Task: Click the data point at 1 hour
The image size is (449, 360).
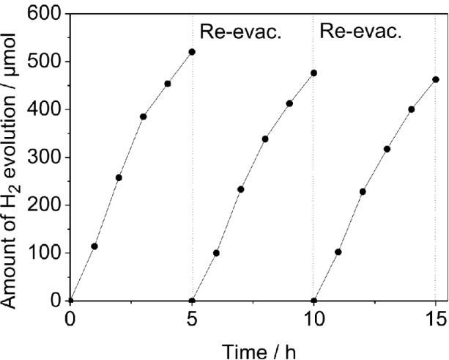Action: tap(94, 246)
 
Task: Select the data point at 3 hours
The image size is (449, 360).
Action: tap(144, 117)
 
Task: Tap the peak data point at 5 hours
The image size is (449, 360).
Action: tap(192, 52)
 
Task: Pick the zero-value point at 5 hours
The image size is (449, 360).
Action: tap(192, 301)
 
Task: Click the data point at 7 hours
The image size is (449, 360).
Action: tap(241, 189)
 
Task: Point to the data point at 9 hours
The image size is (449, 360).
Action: tap(289, 103)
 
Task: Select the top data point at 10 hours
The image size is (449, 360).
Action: tap(314, 73)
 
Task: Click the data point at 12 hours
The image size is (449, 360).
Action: tap(363, 191)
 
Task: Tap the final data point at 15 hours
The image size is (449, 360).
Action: tap(436, 79)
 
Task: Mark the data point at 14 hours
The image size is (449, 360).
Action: tap(412, 109)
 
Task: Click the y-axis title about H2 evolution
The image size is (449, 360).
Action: tap(15, 158)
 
